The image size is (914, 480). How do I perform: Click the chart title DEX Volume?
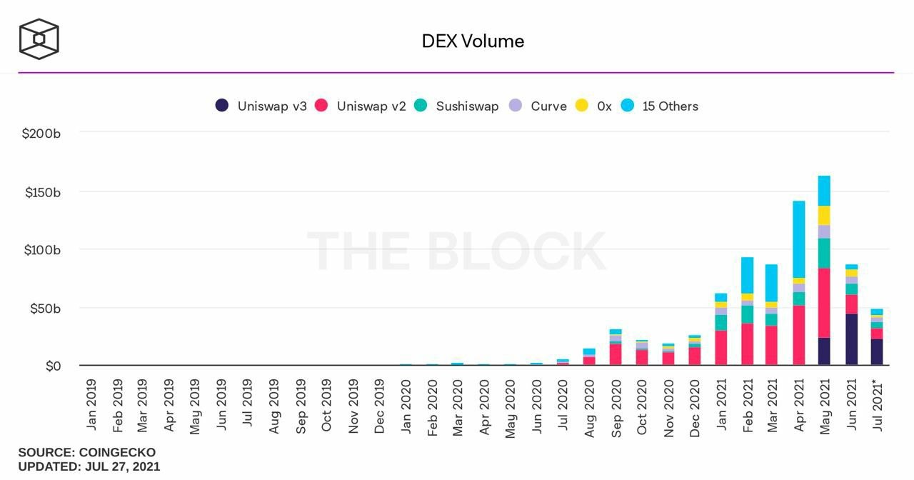[x=473, y=41]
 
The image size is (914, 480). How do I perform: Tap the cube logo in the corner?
[x=39, y=39]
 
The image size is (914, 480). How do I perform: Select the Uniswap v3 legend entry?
[x=261, y=106]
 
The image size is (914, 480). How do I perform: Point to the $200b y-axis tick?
[x=41, y=134]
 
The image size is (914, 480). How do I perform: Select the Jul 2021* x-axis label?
[x=878, y=405]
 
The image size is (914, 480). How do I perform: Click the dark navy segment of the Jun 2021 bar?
[x=850, y=339]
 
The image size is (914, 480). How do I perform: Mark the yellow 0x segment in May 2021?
[x=824, y=215]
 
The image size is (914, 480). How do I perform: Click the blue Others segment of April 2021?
[x=798, y=239]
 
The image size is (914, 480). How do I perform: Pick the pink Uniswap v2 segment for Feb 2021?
[x=747, y=344]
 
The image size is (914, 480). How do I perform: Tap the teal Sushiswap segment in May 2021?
[x=824, y=253]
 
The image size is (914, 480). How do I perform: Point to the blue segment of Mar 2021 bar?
[x=772, y=282]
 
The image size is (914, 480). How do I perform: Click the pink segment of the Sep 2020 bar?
[x=616, y=354]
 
